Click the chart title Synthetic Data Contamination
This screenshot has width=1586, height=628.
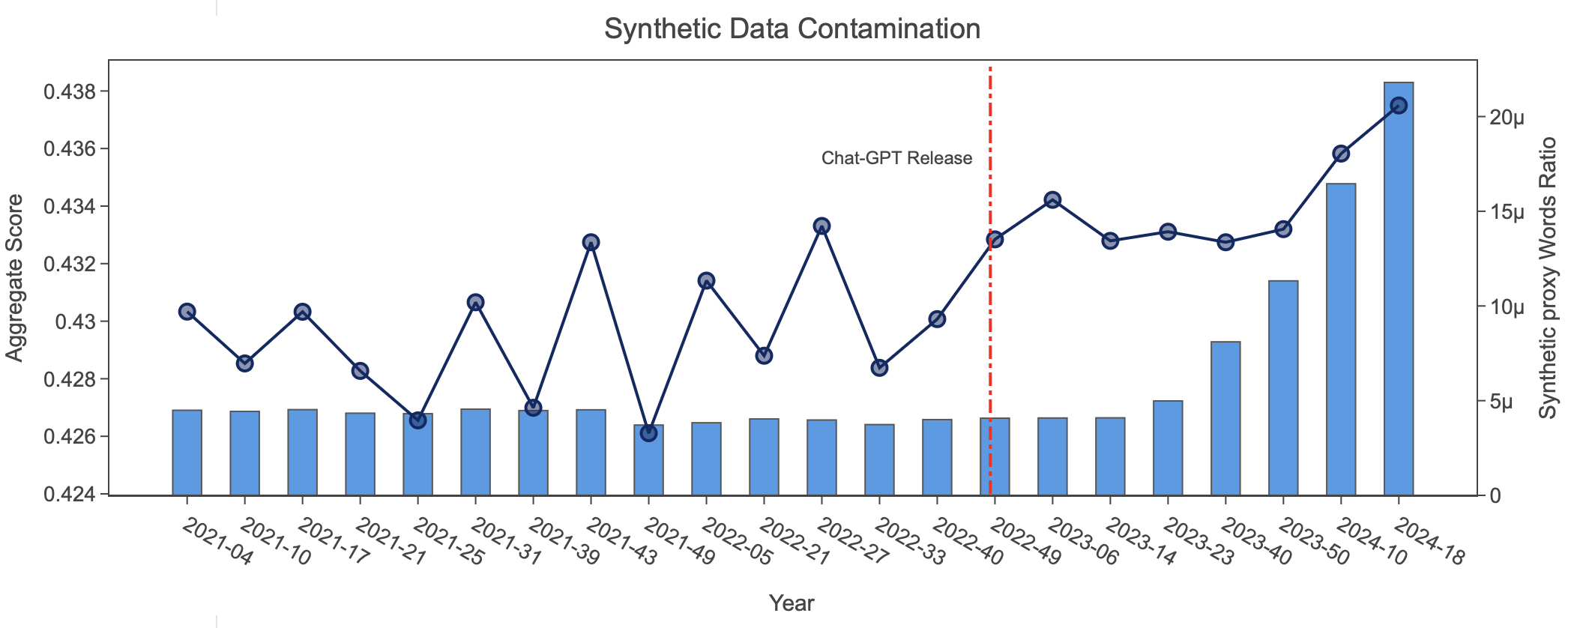pyautogui.click(x=792, y=29)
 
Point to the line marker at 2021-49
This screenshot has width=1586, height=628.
pyautogui.click(x=649, y=433)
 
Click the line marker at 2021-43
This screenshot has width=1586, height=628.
pyautogui.click(x=591, y=242)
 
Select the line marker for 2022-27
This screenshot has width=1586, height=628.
pyautogui.click(x=821, y=226)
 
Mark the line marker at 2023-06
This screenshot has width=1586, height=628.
pyautogui.click(x=1052, y=200)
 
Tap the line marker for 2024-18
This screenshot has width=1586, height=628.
pyautogui.click(x=1398, y=106)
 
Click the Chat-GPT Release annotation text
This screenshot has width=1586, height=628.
pyautogui.click(x=896, y=158)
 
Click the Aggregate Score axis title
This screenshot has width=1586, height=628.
pyautogui.click(x=15, y=278)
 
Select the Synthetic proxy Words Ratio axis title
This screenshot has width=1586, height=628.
pyautogui.click(x=1548, y=278)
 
